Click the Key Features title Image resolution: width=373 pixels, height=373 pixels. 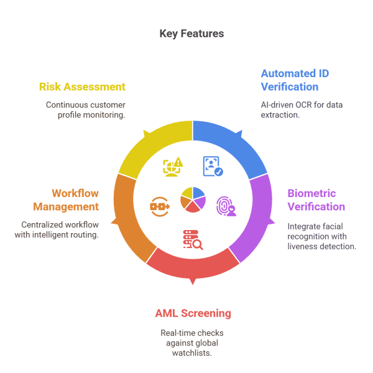pos(191,34)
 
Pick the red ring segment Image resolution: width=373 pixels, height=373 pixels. pos(193,267)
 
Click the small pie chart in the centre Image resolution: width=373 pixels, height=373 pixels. pos(193,200)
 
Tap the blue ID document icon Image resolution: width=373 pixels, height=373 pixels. pos(213,166)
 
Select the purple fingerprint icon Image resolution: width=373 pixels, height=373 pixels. pos(226,206)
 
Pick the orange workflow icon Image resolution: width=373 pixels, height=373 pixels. pos(159,205)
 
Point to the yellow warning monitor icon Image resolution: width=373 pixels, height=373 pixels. pos(173,166)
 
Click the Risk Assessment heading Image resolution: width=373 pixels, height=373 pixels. pos(81,87)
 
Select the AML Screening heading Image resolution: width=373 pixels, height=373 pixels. pos(193,313)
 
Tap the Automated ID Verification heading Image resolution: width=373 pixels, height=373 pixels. pos(295,80)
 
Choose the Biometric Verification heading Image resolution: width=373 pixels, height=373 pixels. pos(316,200)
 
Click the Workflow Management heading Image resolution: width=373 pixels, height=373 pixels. pos(75,200)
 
